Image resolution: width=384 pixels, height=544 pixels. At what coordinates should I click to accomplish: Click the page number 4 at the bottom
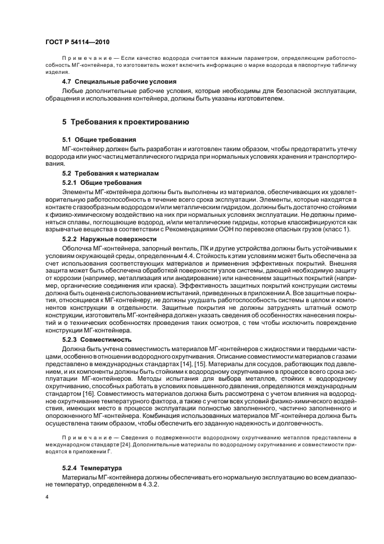pos(48,498)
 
